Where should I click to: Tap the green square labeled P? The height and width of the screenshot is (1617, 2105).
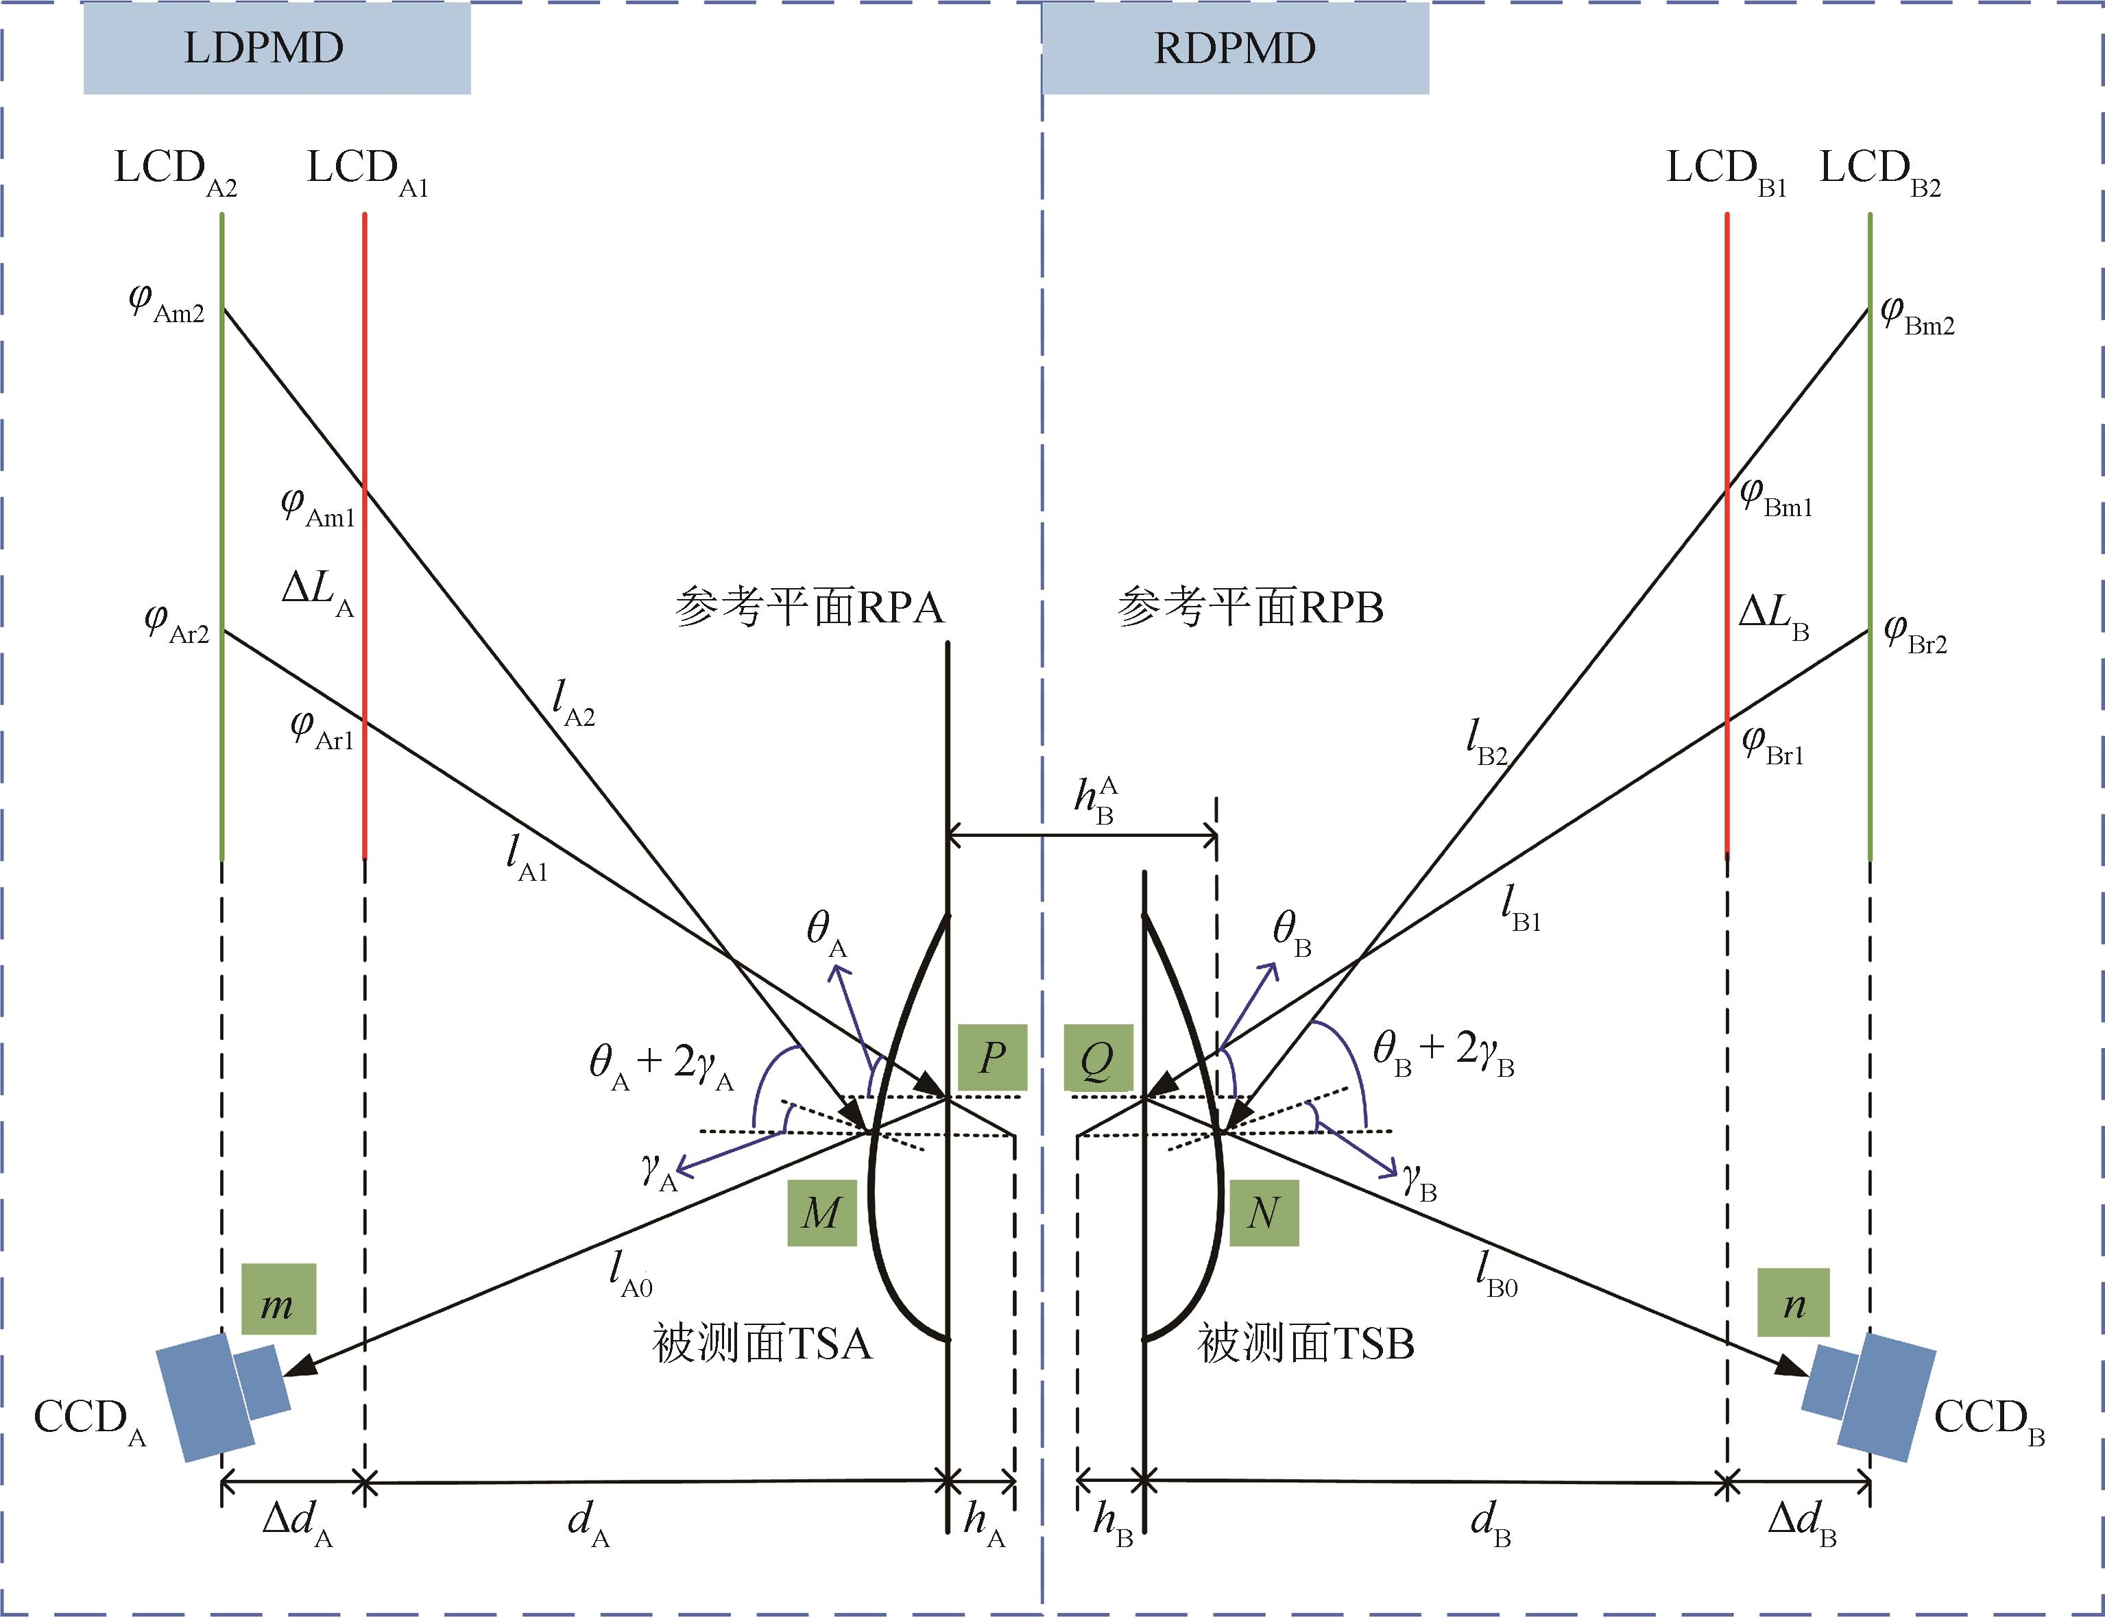coord(992,1058)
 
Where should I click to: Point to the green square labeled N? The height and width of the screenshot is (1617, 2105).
coord(1264,1213)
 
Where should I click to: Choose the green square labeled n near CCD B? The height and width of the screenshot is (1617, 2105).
coord(1793,1303)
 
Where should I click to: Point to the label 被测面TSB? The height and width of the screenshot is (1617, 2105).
coord(1305,1344)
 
